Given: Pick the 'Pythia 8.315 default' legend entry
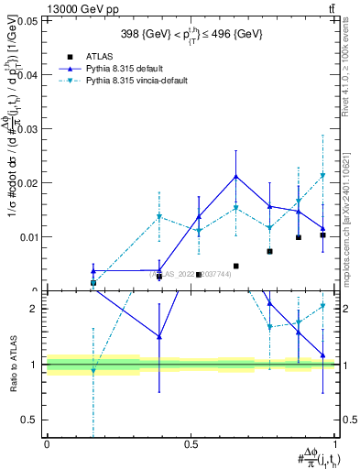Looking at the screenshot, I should [157, 68].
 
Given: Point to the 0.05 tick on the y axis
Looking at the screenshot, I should [29, 20].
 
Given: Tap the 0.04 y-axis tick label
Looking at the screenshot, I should [29, 75].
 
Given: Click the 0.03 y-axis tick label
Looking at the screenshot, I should [29, 129].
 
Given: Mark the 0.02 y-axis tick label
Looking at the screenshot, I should [29, 183].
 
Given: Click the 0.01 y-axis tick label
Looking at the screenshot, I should [29, 237].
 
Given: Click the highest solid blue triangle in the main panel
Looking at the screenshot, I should [235, 176].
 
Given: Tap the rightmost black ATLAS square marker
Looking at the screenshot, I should [322, 235].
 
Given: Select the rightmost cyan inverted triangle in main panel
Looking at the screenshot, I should [322, 175].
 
